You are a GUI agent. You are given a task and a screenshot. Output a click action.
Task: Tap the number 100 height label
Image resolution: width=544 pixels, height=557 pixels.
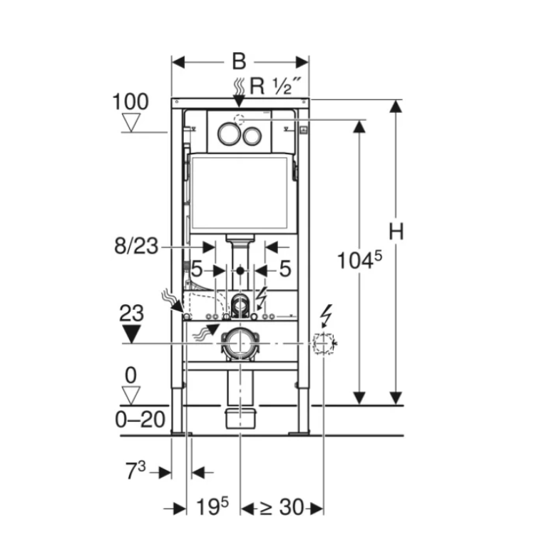pos(130,101)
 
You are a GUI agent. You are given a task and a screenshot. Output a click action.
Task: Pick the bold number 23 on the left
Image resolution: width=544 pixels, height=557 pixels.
pos(132,313)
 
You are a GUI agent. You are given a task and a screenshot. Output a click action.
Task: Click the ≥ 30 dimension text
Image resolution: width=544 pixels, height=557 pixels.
pos(281,508)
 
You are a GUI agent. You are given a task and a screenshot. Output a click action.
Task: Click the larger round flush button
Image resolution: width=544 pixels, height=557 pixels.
pos(228,134)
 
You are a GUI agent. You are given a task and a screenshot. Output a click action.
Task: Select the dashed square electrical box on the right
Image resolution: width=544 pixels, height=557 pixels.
pos(323,344)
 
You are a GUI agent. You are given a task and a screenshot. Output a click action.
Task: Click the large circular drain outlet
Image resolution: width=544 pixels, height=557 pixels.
pos(240,343)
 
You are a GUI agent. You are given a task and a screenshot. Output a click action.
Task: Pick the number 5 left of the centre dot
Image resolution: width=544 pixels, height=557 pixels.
pos(197,270)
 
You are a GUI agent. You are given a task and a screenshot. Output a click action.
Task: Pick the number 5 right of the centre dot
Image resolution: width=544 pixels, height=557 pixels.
pos(284,270)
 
